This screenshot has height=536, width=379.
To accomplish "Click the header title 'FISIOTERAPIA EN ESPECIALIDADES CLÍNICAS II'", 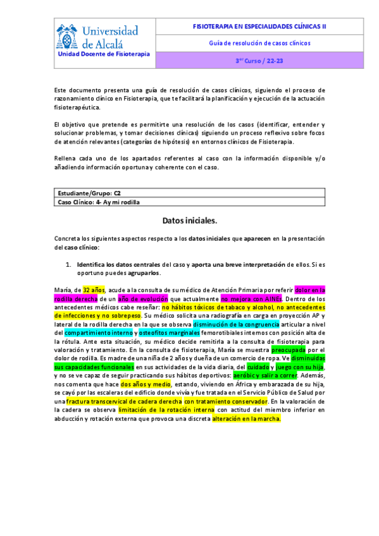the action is tap(259, 27).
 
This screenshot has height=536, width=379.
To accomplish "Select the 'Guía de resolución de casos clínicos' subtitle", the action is tap(259, 44).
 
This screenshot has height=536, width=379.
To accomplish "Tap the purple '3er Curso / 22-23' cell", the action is tap(259, 61).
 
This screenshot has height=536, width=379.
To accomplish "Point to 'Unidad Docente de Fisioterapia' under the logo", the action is tap(104, 54).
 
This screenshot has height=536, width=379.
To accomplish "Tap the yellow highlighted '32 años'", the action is tap(94, 289).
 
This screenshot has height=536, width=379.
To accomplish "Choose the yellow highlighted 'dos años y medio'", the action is tap(145, 384).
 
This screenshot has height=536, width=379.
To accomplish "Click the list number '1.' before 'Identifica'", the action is tap(69, 264).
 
